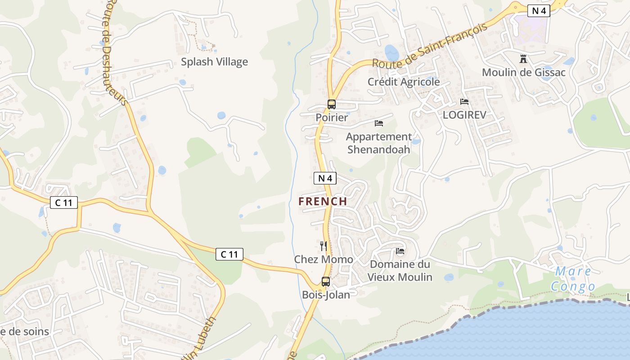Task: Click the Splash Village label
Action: [214, 62]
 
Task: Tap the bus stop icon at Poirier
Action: [332, 104]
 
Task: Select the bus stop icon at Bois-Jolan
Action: [326, 282]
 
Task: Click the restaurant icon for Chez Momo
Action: [324, 246]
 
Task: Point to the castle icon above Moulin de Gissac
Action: [523, 58]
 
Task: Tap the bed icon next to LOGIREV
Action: [464, 102]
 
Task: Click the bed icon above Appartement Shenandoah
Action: [379, 123]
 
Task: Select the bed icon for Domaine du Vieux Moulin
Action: [400, 251]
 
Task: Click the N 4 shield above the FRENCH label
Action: [325, 178]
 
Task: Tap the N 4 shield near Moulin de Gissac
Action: [539, 11]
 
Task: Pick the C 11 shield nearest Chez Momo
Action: [229, 254]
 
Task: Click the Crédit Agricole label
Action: [404, 82]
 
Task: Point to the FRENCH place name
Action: [323, 202]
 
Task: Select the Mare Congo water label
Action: [573, 279]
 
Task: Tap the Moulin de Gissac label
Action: [523, 72]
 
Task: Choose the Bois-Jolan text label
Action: [326, 295]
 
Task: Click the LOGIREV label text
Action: [464, 115]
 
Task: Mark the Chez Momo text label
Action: [324, 260]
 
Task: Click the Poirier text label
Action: [332, 117]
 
